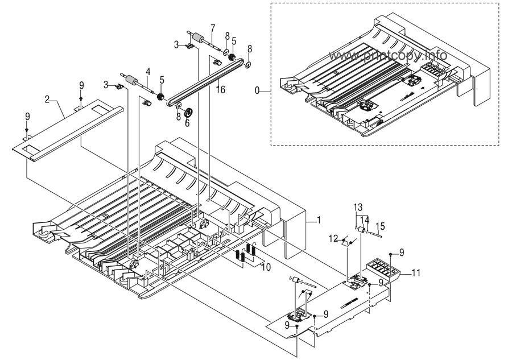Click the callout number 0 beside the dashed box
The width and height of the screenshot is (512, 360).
pyautogui.click(x=258, y=90)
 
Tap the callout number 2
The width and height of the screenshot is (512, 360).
pyautogui.click(x=48, y=98)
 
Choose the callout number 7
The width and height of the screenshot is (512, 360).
pyautogui.click(x=212, y=28)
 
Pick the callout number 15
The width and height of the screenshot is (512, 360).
pyautogui.click(x=381, y=226)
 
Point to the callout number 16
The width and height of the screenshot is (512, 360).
pyautogui.click(x=221, y=89)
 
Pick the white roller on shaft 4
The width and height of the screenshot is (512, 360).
pyautogui.click(x=131, y=79)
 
